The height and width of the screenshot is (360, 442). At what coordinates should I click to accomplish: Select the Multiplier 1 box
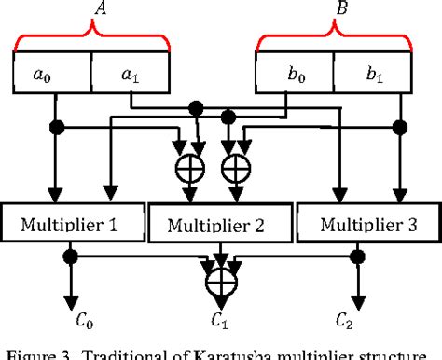click(x=75, y=223)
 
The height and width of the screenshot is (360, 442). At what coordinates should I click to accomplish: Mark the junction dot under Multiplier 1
click(x=70, y=252)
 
